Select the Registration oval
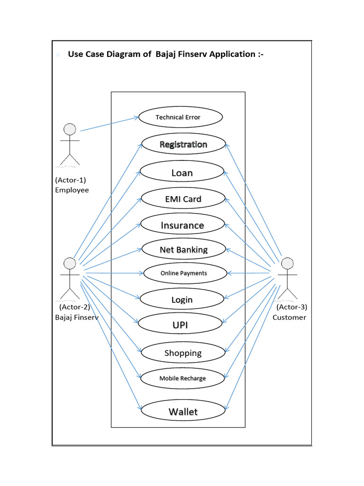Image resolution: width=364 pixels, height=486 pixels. [x=183, y=144]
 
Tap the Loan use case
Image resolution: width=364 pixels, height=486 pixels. [x=182, y=173]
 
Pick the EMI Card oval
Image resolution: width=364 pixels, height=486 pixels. [x=183, y=199]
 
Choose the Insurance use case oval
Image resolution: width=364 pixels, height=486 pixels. [x=182, y=225]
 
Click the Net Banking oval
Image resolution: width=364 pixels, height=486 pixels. [x=183, y=249]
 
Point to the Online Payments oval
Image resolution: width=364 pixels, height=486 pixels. [x=183, y=273]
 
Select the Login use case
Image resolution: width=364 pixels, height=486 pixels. [x=182, y=299]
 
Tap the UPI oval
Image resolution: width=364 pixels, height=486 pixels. [x=180, y=325]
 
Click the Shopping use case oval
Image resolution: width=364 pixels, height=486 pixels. [x=183, y=353]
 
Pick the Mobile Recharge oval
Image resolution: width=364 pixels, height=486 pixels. [x=182, y=378]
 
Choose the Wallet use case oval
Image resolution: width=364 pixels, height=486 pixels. [x=183, y=411]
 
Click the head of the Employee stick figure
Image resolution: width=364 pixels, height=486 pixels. [x=70, y=129]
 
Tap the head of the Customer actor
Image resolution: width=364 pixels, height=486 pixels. [x=288, y=263]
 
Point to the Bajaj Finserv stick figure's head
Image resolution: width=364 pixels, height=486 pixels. [x=70, y=263]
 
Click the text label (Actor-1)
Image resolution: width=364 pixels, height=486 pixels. [x=70, y=180]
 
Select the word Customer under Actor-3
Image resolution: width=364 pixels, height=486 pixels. [x=289, y=317]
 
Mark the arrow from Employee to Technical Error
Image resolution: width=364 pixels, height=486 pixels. [x=109, y=123]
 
